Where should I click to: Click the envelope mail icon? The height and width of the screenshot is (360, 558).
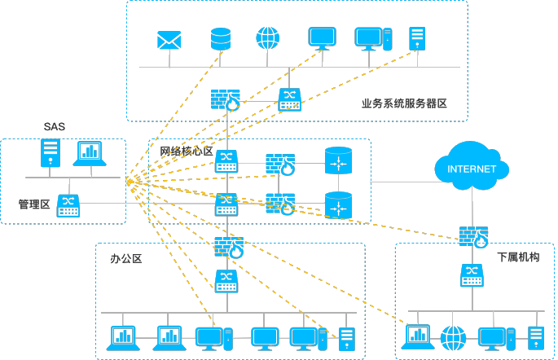pyautogui.click(x=169, y=39)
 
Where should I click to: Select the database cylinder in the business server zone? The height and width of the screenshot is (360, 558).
pyautogui.click(x=221, y=38)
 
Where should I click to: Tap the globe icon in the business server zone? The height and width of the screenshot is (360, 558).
pyautogui.click(x=267, y=38)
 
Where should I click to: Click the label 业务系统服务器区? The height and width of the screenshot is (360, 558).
pyautogui.click(x=404, y=103)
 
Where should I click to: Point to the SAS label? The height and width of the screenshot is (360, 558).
pyautogui.click(x=55, y=127)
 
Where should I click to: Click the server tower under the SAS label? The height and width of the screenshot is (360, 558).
pyautogui.click(x=51, y=152)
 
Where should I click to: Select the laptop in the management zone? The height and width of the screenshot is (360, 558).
pyautogui.click(x=90, y=153)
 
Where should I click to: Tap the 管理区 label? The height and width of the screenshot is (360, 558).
pyautogui.click(x=35, y=204)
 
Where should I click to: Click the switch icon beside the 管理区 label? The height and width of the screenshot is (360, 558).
pyautogui.click(x=68, y=204)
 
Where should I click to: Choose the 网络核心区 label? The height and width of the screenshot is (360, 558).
pyautogui.click(x=186, y=151)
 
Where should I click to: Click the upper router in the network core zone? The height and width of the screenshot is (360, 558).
pyautogui.click(x=337, y=160)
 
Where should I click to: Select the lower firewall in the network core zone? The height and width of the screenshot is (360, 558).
pyautogui.click(x=280, y=203)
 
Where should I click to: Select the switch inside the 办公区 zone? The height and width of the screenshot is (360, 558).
pyautogui.click(x=226, y=281)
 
